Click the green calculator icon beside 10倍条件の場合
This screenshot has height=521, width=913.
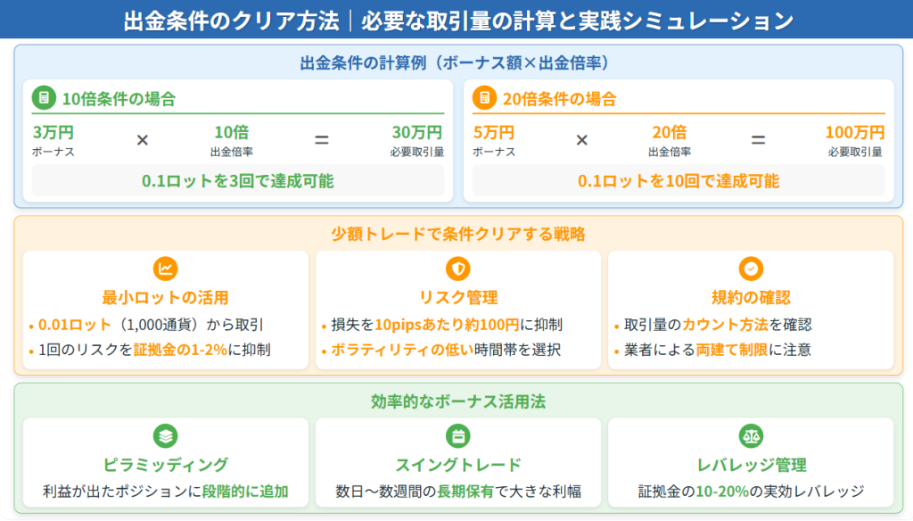point(44,98)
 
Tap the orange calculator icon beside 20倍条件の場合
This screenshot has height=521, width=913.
point(484,98)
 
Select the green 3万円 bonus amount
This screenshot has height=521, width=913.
point(53,132)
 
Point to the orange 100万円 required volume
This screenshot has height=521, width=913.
point(855,132)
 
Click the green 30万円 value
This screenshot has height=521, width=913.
point(417,132)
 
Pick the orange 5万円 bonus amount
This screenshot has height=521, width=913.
point(494,132)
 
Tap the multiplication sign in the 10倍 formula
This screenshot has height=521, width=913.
point(143,140)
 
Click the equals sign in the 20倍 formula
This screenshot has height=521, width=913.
point(758,140)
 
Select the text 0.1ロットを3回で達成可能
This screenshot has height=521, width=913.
point(237,181)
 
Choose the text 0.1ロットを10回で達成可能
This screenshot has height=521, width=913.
point(679,181)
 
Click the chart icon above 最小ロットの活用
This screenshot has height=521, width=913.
point(165,269)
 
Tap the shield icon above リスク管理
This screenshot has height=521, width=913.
point(458,269)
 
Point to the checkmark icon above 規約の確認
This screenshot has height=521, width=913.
point(751,269)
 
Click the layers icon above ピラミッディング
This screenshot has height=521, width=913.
point(165,436)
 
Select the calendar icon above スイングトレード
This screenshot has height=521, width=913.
point(458,436)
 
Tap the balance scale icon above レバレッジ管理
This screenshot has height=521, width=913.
point(751,436)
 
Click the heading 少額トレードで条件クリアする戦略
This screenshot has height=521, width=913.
point(458,235)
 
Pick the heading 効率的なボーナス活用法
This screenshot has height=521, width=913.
point(458,401)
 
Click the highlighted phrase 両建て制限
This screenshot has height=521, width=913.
point(732,350)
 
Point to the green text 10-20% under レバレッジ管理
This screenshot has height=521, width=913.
point(722,492)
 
